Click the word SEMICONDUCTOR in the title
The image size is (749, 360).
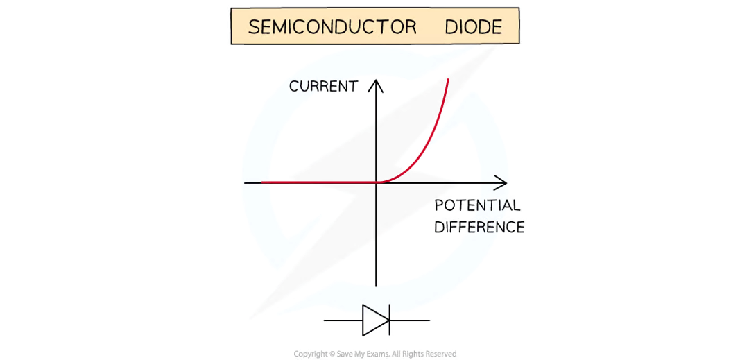[x=332, y=27]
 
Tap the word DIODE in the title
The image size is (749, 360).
[x=474, y=27]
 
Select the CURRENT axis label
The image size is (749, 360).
[x=323, y=87]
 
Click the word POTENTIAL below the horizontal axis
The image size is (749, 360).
[x=477, y=206]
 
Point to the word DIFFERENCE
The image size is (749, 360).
[x=479, y=227]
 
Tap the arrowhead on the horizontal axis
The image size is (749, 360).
[x=501, y=182]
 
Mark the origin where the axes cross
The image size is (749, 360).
[x=377, y=182]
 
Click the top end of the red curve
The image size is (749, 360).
[x=448, y=79]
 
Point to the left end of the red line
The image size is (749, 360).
[x=261, y=182]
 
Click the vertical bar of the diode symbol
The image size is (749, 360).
[x=389, y=320]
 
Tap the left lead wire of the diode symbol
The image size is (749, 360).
[x=343, y=320]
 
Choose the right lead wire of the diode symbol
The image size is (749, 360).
[x=410, y=320]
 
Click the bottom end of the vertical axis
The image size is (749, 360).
[x=377, y=286]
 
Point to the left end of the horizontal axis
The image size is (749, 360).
[x=245, y=182]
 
